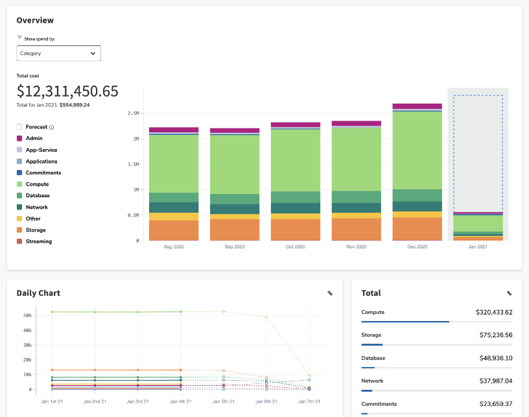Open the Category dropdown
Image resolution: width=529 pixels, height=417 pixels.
pos(58,53)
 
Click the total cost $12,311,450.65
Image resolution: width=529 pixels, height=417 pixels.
pos(67,91)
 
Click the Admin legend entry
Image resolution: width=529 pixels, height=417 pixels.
pos(34,138)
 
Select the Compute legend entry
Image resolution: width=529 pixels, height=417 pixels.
pos(36,184)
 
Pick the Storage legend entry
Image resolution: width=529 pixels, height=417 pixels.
pos(36,230)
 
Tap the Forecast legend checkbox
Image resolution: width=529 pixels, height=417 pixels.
pos(19,127)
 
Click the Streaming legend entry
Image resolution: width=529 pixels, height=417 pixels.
pos(38,241)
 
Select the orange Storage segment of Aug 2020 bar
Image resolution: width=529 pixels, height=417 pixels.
pos(174,230)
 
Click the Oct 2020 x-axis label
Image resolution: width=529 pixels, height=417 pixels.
pos(295,247)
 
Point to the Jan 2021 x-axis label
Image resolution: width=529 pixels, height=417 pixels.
pos(478,247)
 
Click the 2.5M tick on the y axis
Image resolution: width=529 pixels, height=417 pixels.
pos(134,113)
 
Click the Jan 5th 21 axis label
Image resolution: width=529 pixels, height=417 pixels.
pos(223,402)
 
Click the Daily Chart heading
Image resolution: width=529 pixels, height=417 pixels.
pos(38,293)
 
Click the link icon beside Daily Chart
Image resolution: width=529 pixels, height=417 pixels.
pos(330,293)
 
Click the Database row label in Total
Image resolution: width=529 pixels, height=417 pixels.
pos(373,358)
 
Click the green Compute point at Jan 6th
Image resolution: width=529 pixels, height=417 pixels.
pos(266,317)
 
